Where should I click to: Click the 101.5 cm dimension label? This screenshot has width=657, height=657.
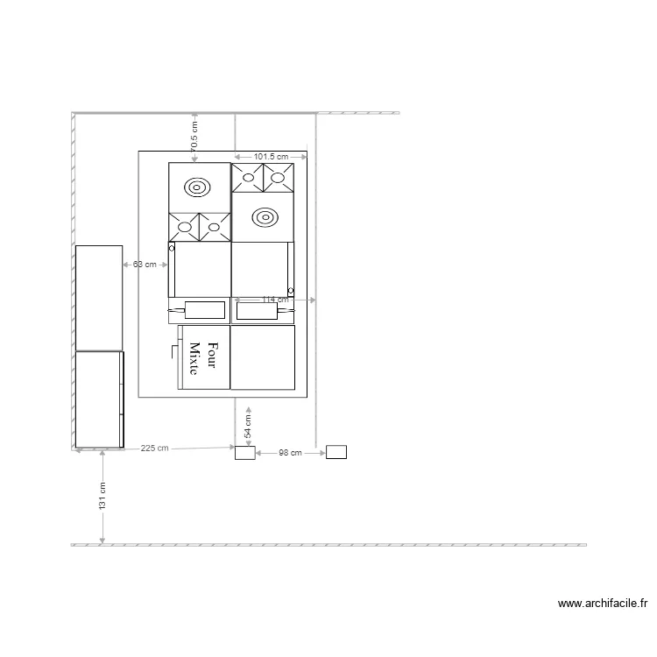coord(271,157)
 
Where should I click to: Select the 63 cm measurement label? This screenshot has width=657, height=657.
coord(145,264)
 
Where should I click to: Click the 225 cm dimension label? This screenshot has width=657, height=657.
coord(154,449)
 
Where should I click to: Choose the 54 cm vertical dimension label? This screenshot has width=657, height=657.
coord(248,426)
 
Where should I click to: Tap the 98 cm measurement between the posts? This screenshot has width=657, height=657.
coord(290,453)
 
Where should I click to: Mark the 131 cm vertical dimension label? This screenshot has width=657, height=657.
coord(102,497)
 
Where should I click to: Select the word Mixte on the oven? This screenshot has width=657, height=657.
coord(194,357)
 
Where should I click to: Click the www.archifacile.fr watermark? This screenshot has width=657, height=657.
coord(603,604)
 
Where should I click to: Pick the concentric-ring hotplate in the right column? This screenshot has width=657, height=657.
coord(262,216)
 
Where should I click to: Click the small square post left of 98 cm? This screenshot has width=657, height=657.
coord(244,453)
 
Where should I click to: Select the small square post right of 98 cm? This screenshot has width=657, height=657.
coord(336,452)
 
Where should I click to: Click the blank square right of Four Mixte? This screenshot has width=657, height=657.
coord(263,357)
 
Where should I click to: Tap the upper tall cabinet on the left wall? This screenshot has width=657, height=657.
coord(99,298)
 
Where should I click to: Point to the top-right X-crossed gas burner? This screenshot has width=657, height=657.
coord(279,178)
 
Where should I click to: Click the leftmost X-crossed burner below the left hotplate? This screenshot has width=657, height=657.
coord(184,228)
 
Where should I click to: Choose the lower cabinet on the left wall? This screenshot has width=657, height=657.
coord(99,399)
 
